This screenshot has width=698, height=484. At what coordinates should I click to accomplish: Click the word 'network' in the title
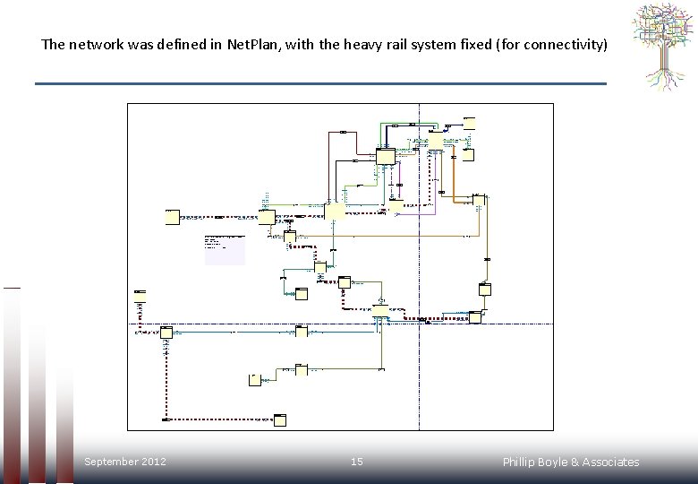click(x=93, y=44)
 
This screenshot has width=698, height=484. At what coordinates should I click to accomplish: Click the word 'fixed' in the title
click(x=474, y=44)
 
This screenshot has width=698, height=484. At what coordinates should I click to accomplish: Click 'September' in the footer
click(x=111, y=462)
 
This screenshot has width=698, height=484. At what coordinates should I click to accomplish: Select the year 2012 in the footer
click(x=154, y=462)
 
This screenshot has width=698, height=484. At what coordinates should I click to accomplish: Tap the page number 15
click(x=356, y=462)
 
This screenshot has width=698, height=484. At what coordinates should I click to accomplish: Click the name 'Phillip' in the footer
click(x=521, y=462)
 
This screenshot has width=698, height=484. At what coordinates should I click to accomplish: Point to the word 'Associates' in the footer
click(x=611, y=462)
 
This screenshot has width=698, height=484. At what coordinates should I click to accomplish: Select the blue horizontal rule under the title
click(x=320, y=83)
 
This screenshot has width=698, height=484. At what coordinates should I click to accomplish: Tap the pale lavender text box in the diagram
click(x=225, y=249)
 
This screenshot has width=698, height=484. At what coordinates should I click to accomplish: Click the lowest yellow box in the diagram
click(x=280, y=419)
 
